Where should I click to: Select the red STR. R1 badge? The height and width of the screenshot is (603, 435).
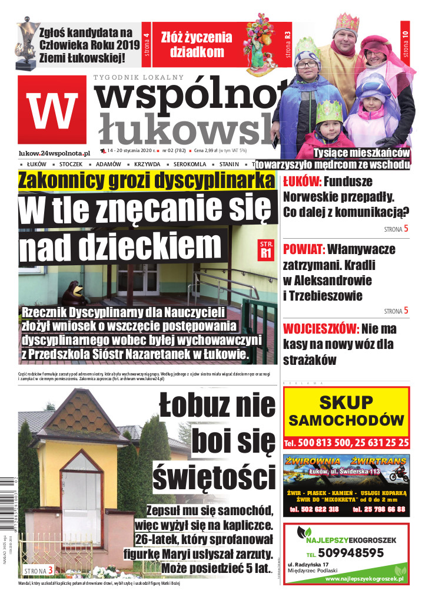[266, 249]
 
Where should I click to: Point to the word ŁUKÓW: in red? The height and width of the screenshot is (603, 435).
[302, 182]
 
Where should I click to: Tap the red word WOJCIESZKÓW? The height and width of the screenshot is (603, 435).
[321, 328]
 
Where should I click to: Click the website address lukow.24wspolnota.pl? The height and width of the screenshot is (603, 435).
[54, 152]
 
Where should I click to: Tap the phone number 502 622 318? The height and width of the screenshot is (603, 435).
[314, 509]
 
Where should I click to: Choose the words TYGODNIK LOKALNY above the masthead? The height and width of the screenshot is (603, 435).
[138, 77]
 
